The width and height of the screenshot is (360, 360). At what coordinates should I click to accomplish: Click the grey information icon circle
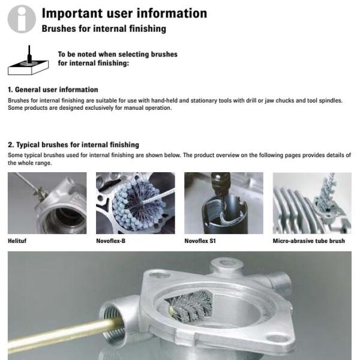(x=22, y=19)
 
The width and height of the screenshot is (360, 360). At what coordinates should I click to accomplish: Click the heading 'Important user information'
(x=124, y=13)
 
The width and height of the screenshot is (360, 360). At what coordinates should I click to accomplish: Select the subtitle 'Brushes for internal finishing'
(x=104, y=29)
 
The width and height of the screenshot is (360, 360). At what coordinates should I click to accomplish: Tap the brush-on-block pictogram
(x=28, y=61)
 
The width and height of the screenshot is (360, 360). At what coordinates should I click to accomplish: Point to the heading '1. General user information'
(x=53, y=89)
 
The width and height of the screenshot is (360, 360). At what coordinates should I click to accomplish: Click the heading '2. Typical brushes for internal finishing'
(x=73, y=145)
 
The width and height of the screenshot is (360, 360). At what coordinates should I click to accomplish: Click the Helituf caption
(x=17, y=241)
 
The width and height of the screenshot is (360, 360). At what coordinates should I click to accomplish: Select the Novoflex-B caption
(x=110, y=241)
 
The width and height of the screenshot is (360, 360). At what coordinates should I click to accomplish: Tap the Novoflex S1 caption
(x=200, y=241)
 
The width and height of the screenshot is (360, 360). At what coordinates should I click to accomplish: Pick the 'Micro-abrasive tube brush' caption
(x=309, y=241)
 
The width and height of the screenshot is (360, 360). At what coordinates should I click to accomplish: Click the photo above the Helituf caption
(x=47, y=203)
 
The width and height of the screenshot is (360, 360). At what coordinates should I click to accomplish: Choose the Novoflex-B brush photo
(x=136, y=203)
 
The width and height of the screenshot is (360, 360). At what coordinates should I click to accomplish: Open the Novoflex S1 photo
(x=224, y=203)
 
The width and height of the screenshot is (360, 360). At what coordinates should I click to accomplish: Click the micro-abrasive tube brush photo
(x=312, y=203)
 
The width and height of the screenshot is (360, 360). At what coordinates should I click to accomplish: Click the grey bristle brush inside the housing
(x=191, y=305)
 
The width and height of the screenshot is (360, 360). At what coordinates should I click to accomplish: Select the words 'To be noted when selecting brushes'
(x=118, y=54)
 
